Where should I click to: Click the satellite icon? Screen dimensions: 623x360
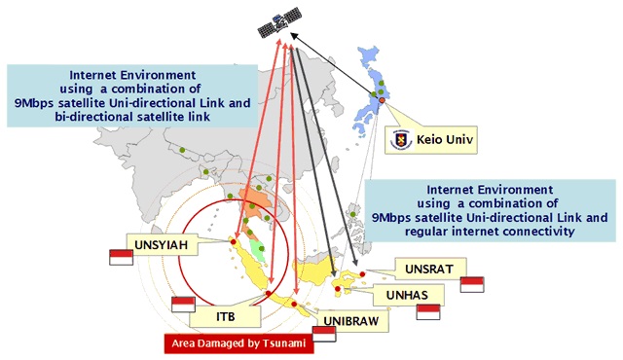(x=279, y=21)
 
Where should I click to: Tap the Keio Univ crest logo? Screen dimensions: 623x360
(x=400, y=140)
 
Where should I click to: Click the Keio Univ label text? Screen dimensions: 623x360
(x=445, y=140)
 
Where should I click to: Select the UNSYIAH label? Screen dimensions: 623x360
(x=161, y=244)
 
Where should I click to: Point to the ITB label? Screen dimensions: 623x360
(x=225, y=316)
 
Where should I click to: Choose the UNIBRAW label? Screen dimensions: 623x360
(x=350, y=321)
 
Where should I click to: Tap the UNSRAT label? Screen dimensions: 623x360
(x=429, y=270)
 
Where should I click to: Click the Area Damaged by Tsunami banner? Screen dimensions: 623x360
(x=238, y=343)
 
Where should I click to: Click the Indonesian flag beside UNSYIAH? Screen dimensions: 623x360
(x=121, y=257)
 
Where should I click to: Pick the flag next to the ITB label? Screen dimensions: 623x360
(x=183, y=305)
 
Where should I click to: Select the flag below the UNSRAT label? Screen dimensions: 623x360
(x=472, y=284)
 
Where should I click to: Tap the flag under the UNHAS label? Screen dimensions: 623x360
(x=428, y=312)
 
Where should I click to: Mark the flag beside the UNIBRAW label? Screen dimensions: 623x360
(x=324, y=334)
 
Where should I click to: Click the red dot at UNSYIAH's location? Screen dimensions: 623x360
(x=234, y=241)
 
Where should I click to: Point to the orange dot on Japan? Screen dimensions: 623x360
(x=382, y=100)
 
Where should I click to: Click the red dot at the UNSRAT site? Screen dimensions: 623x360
(x=362, y=273)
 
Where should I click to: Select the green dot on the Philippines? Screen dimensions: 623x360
(x=352, y=214)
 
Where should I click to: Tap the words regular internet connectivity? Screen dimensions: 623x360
(x=490, y=231)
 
